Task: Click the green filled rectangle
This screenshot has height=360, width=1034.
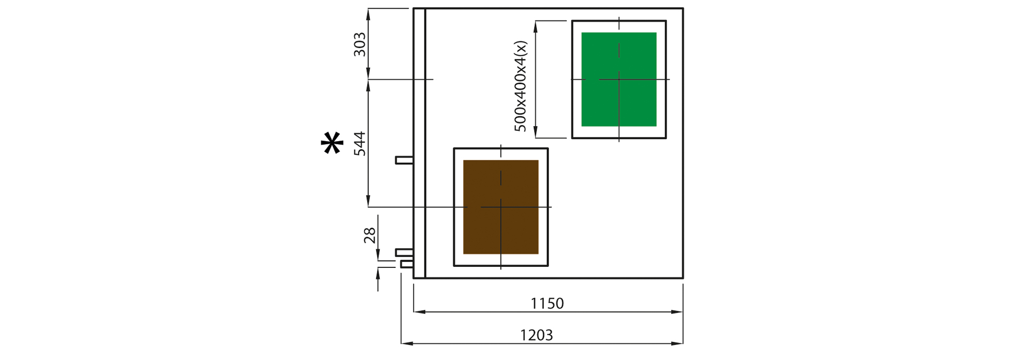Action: coord(619,79)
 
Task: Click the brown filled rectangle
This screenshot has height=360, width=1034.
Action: coord(500,207)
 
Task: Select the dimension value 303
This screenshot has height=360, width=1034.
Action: coord(360,44)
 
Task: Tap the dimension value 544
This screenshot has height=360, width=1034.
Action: coord(360,143)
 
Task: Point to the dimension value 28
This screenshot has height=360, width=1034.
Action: coord(370,235)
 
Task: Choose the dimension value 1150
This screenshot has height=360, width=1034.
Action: coord(547,303)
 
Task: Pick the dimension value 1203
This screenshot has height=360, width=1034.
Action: coord(536,335)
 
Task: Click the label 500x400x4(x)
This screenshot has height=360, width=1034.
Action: coord(521,86)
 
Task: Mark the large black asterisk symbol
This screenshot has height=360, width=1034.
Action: coord(332,143)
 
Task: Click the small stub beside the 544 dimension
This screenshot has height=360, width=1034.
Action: coord(404,160)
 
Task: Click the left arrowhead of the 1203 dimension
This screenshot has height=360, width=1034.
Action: coord(407,343)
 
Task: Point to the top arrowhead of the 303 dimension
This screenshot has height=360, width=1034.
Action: coord(368,14)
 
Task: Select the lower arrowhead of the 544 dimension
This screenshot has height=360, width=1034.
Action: coord(368,201)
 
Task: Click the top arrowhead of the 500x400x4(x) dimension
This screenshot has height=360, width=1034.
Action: coord(536,27)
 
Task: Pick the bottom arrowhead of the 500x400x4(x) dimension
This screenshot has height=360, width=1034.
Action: coord(536,132)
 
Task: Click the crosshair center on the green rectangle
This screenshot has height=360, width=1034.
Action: coord(619,79)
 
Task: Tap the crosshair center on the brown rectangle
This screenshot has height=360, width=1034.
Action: coord(500,207)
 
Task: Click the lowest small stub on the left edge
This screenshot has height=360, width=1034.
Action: coord(407,264)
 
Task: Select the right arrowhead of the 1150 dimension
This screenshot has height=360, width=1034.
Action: coord(677,312)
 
